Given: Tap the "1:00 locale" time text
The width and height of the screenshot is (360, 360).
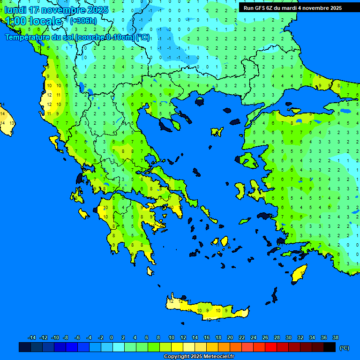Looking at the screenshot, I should pyautogui.click(x=33, y=21).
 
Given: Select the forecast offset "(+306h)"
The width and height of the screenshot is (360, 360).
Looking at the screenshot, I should pyautogui.click(x=84, y=21).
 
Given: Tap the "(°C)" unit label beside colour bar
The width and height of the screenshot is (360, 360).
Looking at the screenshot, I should pyautogui.click(x=344, y=347).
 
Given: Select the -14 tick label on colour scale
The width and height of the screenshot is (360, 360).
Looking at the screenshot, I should pyautogui.click(x=32, y=338).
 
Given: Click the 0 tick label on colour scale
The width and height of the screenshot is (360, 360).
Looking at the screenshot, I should pyautogui.click(x=112, y=338).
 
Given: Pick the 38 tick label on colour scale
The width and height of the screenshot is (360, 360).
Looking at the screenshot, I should pyautogui.click(x=335, y=338).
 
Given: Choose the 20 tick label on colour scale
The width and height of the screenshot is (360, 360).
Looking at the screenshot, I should pyautogui.click(x=230, y=338).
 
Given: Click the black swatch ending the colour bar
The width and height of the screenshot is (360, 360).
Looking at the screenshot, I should pyautogui.click(x=330, y=347).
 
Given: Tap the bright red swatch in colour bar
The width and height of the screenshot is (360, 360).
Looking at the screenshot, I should pyautogui.click(x=271, y=347).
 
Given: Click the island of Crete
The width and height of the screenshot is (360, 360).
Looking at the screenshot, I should pyautogui.click(x=206, y=309).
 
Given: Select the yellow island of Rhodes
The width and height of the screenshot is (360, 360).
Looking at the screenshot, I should pyautogui.click(x=299, y=273).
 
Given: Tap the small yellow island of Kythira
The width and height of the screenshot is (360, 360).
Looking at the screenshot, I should pyautogui.click(x=150, y=271).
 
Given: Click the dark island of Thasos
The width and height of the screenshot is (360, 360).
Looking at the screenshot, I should pyautogui.click(x=199, y=102).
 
